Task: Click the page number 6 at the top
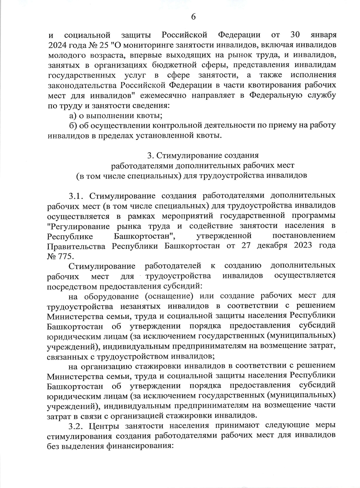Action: [193, 17]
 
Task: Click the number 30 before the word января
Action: [295, 35]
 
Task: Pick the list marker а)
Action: [72, 116]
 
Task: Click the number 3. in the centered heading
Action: [150, 156]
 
